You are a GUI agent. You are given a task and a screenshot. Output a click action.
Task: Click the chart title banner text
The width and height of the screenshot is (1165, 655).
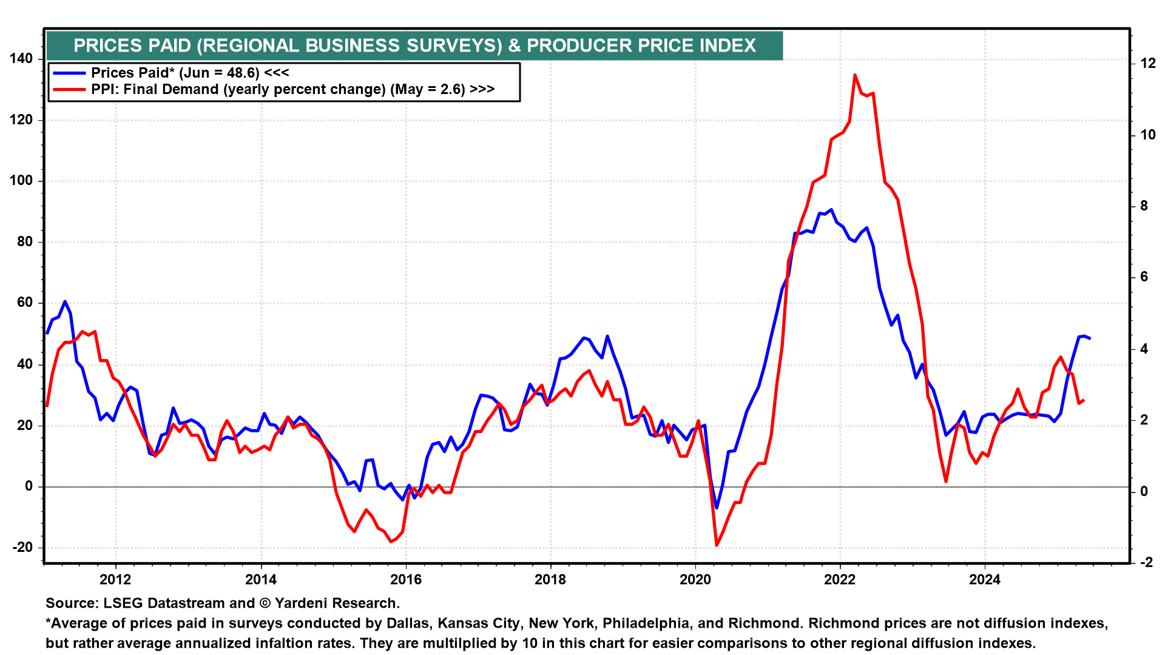414,45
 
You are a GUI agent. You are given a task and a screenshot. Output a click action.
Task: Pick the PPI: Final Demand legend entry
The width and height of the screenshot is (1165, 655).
292,90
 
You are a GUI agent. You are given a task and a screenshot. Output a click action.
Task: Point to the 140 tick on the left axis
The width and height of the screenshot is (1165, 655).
21,59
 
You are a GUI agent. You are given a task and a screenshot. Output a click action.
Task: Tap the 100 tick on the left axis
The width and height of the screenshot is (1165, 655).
21,181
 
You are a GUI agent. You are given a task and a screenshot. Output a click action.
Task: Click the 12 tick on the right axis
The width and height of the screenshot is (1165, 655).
1148,63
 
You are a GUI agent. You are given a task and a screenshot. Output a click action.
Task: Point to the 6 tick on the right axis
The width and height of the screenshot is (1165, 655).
1144,277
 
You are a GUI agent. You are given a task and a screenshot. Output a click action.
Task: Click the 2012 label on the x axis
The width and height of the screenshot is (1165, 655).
115,580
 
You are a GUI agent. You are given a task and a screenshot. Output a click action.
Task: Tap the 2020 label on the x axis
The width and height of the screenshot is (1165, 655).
695,580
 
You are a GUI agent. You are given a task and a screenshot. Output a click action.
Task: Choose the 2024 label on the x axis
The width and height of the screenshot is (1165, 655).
984,580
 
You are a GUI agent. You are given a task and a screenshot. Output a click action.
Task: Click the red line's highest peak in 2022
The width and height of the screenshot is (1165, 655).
854,75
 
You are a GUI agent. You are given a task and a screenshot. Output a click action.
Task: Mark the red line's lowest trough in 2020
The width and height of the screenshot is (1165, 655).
717,545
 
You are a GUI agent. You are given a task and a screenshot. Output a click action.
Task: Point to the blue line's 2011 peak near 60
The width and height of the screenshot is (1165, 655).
65,301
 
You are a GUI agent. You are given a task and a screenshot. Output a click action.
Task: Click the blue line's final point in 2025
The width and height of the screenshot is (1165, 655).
1090,338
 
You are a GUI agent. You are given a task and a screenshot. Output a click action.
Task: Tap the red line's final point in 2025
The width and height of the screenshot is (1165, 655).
1084,400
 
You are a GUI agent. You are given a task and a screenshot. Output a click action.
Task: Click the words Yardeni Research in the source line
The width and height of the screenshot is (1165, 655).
336,603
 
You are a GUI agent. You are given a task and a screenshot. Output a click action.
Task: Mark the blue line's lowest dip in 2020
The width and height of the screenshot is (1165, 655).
717,508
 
